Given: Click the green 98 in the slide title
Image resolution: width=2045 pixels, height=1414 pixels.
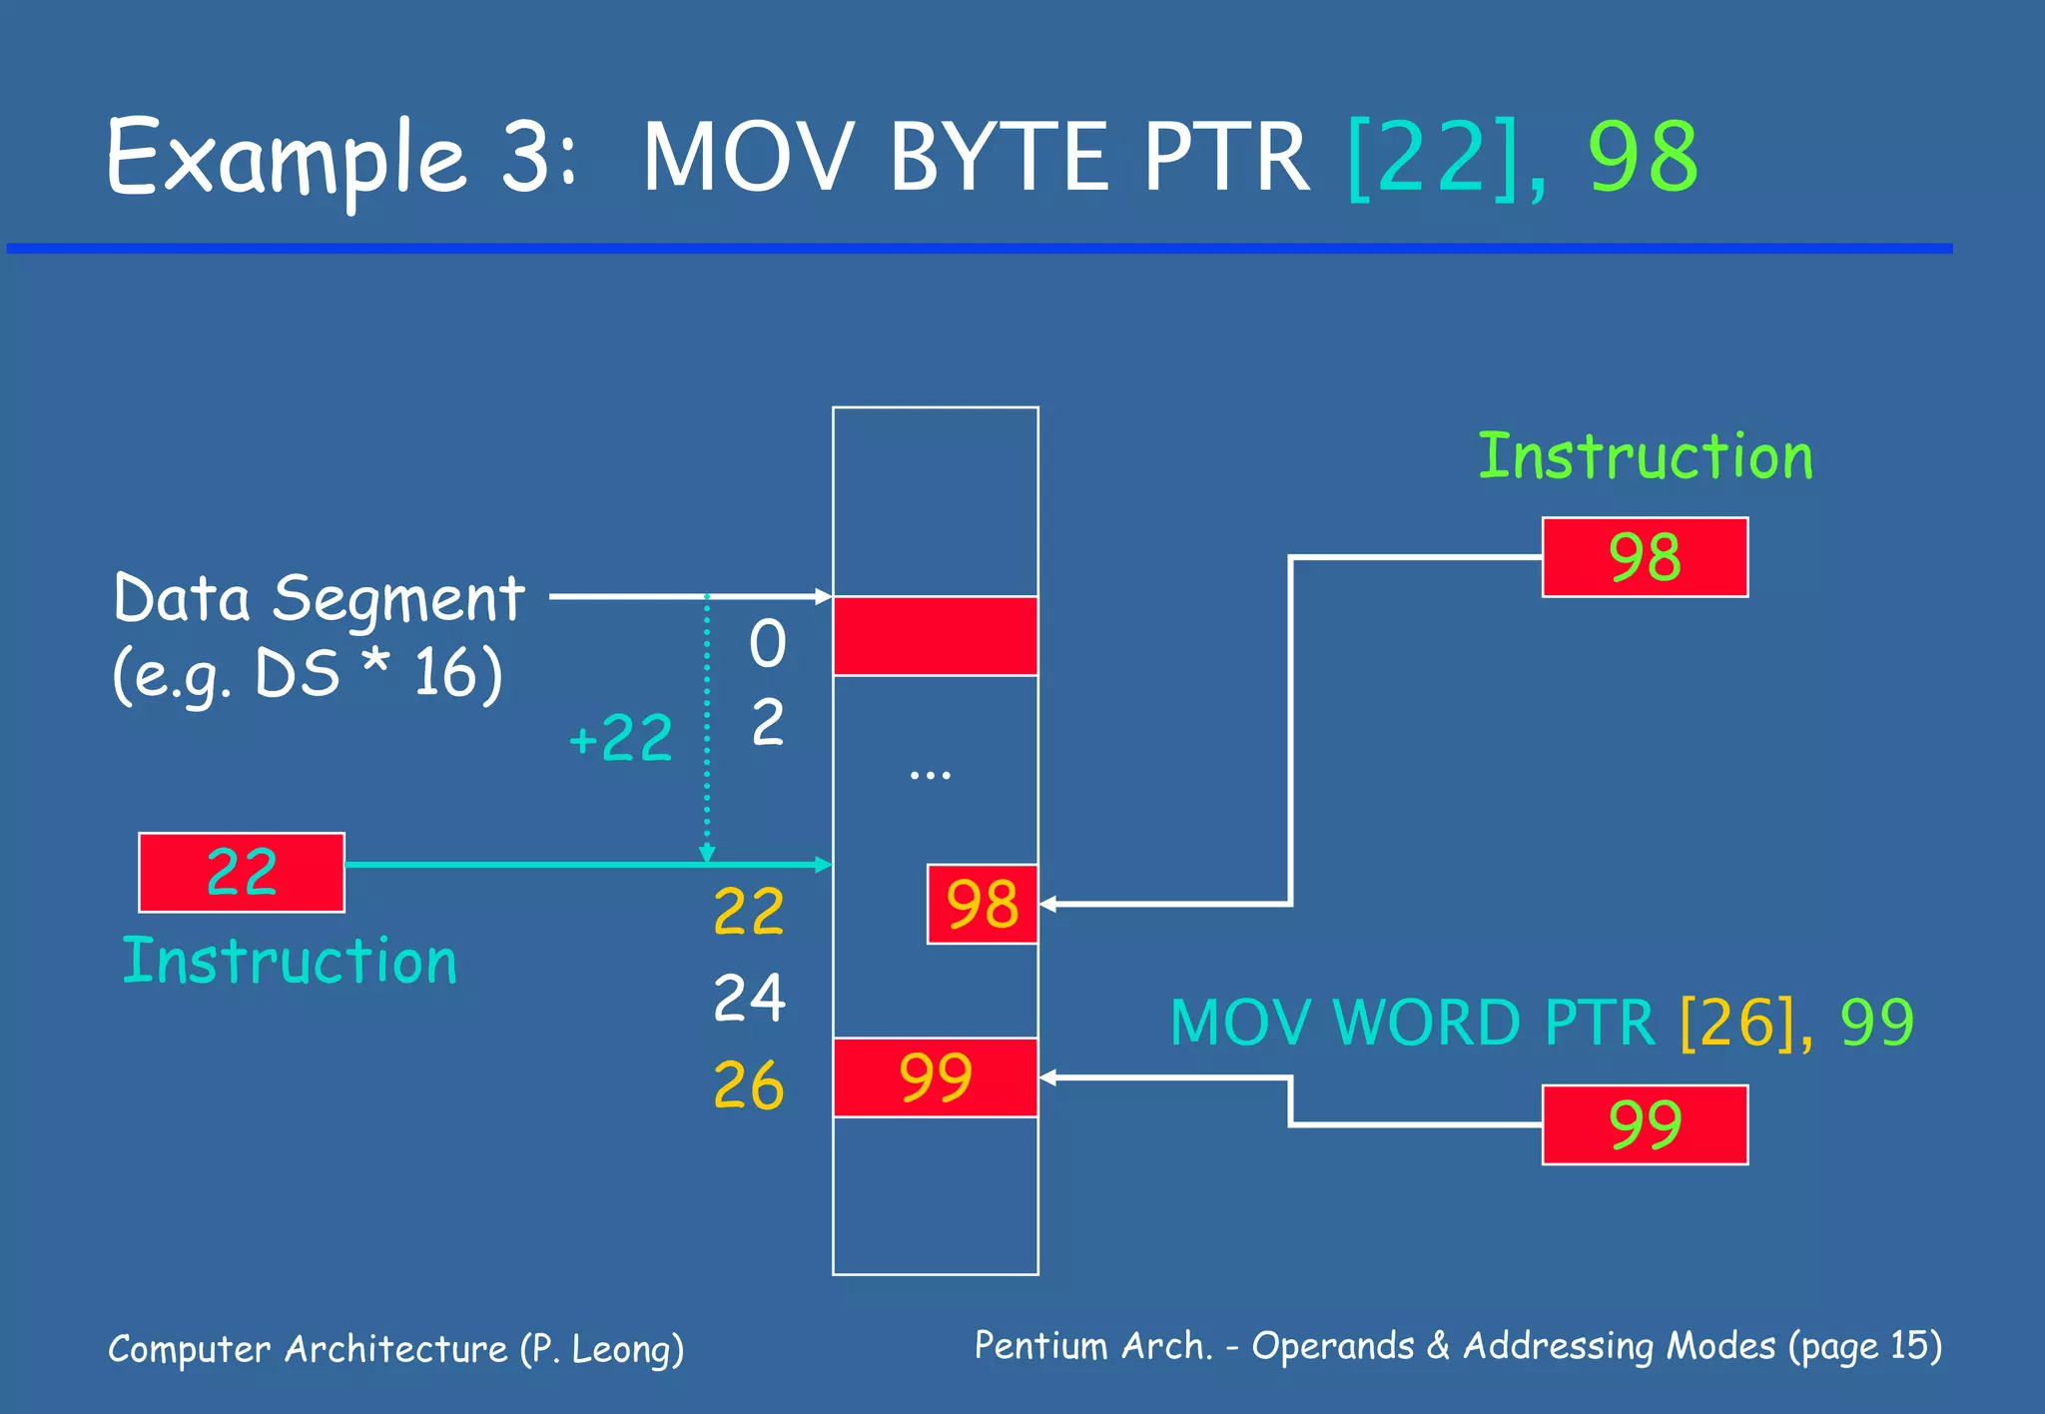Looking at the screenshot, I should (1643, 158).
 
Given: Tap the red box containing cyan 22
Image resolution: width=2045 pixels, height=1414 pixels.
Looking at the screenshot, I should (242, 872).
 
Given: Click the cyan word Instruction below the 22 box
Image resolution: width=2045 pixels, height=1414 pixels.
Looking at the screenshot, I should (290, 962).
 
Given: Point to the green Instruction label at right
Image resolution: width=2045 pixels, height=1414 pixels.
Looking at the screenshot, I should (1645, 457).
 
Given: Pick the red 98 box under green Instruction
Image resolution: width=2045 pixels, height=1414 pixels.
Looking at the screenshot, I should (1645, 557).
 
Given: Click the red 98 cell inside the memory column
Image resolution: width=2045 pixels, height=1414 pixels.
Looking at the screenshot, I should (983, 904).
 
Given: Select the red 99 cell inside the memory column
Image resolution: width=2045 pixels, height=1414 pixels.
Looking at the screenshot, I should (936, 1077).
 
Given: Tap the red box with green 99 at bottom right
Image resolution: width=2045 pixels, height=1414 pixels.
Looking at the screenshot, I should (1645, 1124).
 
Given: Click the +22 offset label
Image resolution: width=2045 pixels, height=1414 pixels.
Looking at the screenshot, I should (620, 739).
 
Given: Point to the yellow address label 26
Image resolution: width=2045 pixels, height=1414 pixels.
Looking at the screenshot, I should (749, 1086).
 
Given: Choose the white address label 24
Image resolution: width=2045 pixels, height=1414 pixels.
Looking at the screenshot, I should (749, 998).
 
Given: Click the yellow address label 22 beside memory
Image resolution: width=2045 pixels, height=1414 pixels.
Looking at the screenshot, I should (749, 911).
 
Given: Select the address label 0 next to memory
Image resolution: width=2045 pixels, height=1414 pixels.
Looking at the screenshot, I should (768, 643).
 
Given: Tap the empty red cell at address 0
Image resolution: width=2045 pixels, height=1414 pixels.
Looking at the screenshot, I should (936, 636).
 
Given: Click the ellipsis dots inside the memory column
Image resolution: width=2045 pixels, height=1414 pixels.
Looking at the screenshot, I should (930, 775).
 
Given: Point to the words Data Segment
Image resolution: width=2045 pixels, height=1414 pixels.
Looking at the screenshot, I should (320, 599).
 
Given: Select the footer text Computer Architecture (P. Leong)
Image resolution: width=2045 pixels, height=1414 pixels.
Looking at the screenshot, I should (396, 1349).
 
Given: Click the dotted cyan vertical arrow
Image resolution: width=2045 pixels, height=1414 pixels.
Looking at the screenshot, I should (707, 729).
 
